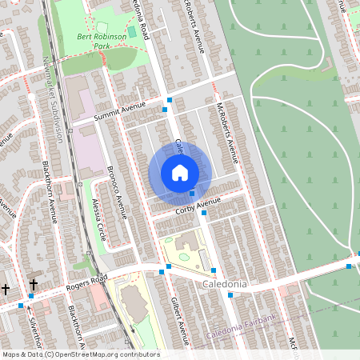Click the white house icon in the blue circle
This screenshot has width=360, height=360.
179,173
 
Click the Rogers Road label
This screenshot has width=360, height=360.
86,280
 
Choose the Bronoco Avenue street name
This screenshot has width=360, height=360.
117,193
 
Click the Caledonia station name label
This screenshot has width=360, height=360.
224,285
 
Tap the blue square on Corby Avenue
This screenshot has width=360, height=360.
204,213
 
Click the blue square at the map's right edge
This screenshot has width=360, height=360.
349,266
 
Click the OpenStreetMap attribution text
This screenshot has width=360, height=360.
80,354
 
